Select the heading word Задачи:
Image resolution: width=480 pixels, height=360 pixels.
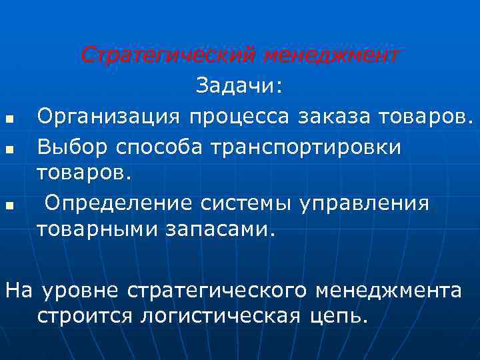click(x=239, y=87)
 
